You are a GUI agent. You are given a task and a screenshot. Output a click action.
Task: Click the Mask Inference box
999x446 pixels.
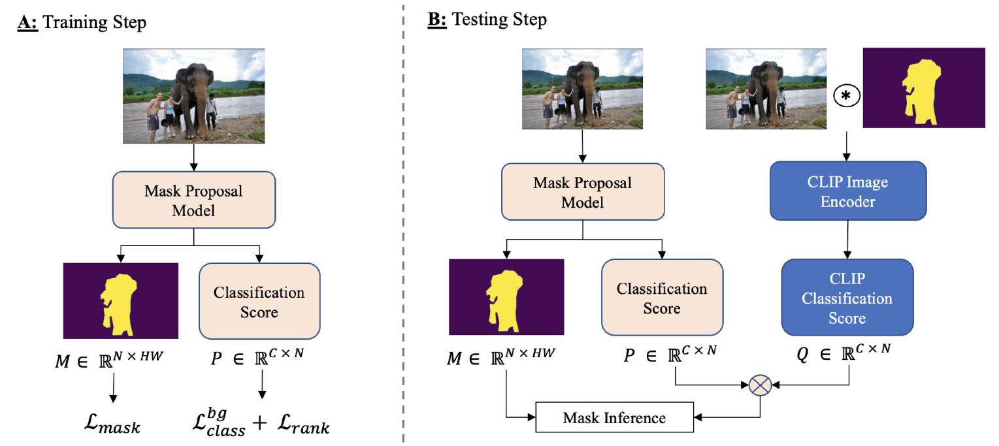tap(614, 417)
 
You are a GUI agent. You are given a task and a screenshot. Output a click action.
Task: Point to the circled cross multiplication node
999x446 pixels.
tap(761, 386)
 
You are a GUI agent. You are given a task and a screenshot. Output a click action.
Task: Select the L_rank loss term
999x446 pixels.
tap(301, 427)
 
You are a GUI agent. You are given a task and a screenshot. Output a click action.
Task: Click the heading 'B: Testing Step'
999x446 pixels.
tap(487, 20)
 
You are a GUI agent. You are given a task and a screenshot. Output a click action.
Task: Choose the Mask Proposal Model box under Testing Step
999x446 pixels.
tap(582, 193)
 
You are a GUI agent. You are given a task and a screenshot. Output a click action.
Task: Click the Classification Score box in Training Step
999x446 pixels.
tap(259, 302)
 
